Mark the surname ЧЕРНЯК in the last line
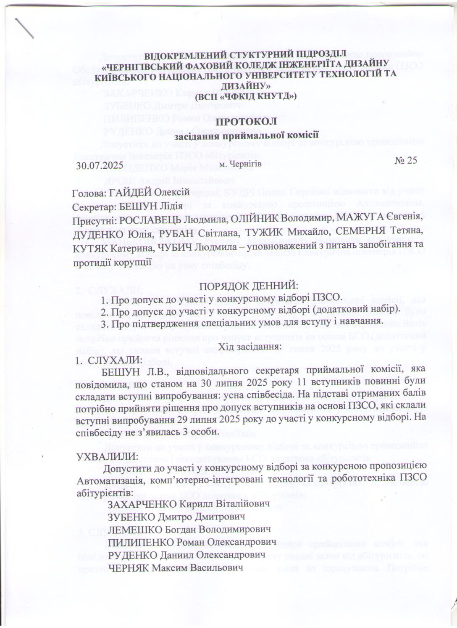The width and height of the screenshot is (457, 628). click(129, 568)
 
